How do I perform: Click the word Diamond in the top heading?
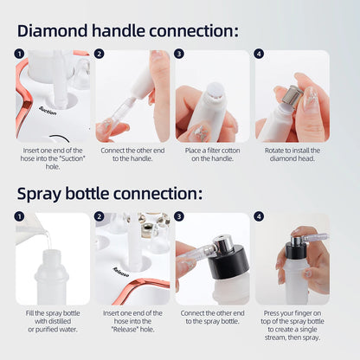[56, 30]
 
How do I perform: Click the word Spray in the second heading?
[43, 193]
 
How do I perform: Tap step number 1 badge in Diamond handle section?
[19, 54]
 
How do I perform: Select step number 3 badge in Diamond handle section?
[179, 54]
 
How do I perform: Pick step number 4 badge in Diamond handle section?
[260, 54]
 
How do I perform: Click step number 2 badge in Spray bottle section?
[100, 217]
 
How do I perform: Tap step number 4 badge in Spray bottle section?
[260, 217]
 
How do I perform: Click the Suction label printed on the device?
[48, 111]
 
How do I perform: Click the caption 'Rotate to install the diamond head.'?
[291, 154]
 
